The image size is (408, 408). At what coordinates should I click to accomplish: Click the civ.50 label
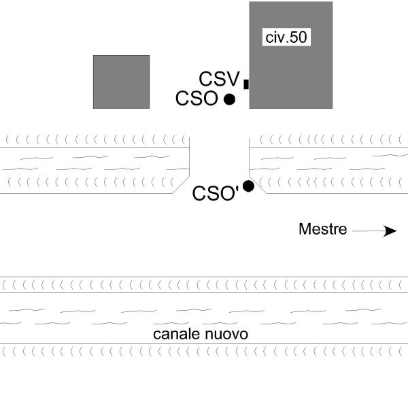pos(287,37)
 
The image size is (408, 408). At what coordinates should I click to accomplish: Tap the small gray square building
pos(121,82)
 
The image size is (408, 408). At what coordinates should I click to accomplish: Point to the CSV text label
pos(218,79)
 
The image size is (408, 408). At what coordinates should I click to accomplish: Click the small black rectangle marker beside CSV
pos(246,84)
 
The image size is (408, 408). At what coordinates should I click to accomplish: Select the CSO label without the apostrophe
pos(196,99)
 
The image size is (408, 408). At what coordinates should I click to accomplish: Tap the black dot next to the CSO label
pos(229,99)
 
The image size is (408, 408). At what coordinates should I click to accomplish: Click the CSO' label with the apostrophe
pos(215,194)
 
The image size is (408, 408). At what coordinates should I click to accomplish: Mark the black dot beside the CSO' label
pos(248,186)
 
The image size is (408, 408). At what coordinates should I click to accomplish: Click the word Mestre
pos(323,229)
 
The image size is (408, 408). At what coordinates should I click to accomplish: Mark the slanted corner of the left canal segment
pos(181,185)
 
